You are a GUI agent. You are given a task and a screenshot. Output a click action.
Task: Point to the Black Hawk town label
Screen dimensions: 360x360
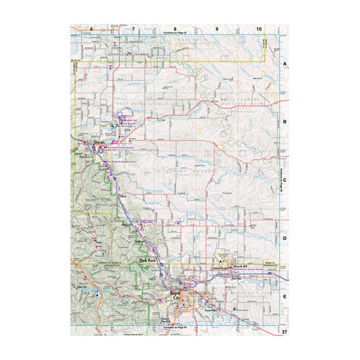(x=147, y=260)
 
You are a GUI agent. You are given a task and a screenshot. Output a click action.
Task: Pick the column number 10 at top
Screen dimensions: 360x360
(x=259, y=29)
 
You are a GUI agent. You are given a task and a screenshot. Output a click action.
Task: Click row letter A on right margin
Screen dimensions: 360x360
(x=285, y=63)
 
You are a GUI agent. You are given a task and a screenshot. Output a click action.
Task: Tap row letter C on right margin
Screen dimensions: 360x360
(x=285, y=179)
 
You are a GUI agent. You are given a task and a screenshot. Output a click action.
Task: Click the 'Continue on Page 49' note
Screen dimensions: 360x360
(x=175, y=328)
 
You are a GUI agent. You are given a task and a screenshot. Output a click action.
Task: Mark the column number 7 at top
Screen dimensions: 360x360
(x=133, y=29)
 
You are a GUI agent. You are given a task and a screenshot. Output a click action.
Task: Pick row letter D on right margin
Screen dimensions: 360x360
(x=285, y=238)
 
